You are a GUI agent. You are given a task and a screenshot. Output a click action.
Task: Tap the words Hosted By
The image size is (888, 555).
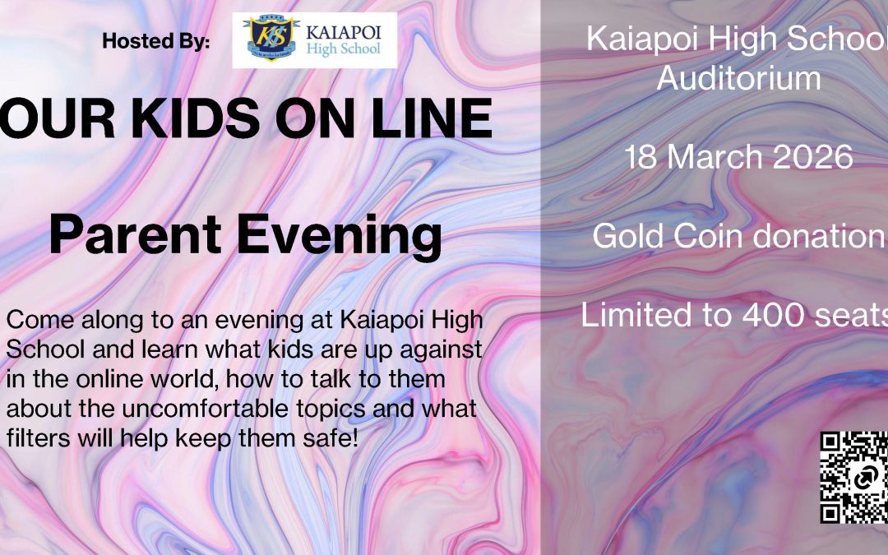(x=155, y=41)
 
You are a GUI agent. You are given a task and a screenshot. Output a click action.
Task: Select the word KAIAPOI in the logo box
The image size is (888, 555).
(x=344, y=32)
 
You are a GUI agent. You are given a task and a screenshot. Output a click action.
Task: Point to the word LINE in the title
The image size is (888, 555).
(x=432, y=118)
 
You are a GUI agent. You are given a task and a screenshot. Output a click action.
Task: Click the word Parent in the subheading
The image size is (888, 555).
(x=136, y=234)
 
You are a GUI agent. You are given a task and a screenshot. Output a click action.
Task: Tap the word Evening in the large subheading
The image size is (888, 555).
(x=340, y=238)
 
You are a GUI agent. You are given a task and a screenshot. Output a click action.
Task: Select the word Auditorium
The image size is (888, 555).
(x=739, y=77)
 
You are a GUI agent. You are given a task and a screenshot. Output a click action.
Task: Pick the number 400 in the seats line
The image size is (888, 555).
(x=774, y=314)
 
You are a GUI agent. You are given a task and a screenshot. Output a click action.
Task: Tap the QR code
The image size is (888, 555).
(x=854, y=478)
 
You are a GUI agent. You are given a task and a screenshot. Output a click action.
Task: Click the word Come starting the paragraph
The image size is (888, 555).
(x=40, y=320)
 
